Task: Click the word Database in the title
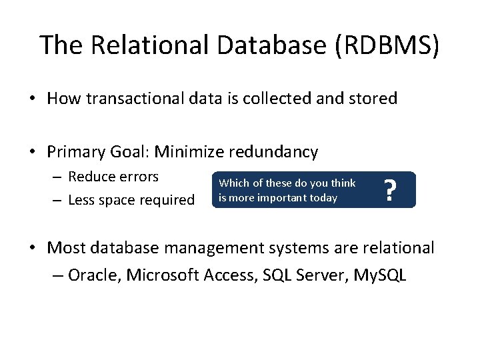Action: click(252, 45)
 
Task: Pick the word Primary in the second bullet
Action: click(73, 152)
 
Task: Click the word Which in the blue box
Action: click(233, 183)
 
